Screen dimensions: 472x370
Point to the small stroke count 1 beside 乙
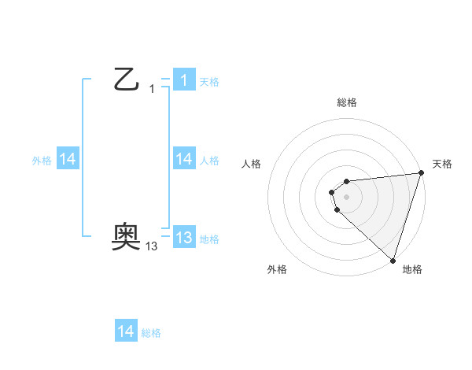[152, 89]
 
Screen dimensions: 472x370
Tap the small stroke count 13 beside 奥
[152, 246]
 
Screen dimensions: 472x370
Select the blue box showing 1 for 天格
[184, 80]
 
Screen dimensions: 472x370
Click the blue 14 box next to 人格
[184, 159]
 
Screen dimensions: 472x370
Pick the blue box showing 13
[184, 238]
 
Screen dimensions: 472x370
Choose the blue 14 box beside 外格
[68, 159]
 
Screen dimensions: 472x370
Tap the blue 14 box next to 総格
[126, 331]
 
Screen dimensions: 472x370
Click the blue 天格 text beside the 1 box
[209, 82]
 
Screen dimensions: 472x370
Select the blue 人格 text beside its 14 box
[209, 161]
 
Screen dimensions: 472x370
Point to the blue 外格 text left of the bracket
[42, 161]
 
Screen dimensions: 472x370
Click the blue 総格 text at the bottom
[151, 333]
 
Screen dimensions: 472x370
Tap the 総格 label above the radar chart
[347, 102]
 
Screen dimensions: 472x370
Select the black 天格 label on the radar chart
[442, 164]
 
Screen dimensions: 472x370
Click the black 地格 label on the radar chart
[412, 269]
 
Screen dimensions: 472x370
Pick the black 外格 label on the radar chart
[277, 269]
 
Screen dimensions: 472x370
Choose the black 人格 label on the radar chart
[251, 164]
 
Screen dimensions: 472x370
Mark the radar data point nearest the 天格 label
[421, 172]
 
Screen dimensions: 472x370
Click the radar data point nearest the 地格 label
[393, 260]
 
